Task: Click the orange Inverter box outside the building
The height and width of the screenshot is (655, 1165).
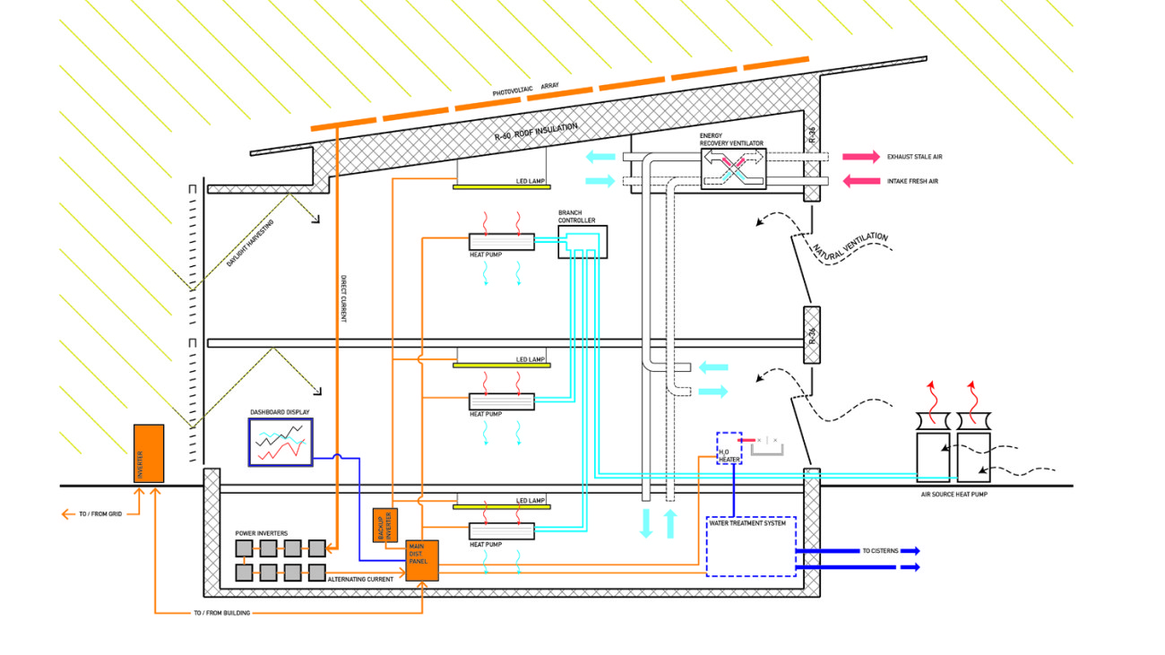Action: tap(149, 453)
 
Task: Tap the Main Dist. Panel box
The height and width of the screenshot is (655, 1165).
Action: tap(422, 560)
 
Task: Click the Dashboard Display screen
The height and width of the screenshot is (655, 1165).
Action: tap(280, 441)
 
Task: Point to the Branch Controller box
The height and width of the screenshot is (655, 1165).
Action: tap(582, 242)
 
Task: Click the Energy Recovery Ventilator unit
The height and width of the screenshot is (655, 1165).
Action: tap(733, 168)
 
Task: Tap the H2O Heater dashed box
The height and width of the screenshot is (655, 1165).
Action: tap(729, 447)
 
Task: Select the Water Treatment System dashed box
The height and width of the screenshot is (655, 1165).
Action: tap(751, 546)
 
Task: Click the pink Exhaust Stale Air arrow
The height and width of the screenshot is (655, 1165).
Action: tap(859, 157)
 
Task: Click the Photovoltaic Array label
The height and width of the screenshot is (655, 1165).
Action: tap(525, 89)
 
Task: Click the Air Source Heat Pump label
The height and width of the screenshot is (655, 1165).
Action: tap(954, 495)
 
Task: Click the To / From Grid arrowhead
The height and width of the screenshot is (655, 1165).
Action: tap(65, 514)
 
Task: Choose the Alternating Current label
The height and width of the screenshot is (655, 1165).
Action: tap(361, 580)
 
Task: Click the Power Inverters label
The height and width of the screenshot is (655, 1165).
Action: tap(262, 533)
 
